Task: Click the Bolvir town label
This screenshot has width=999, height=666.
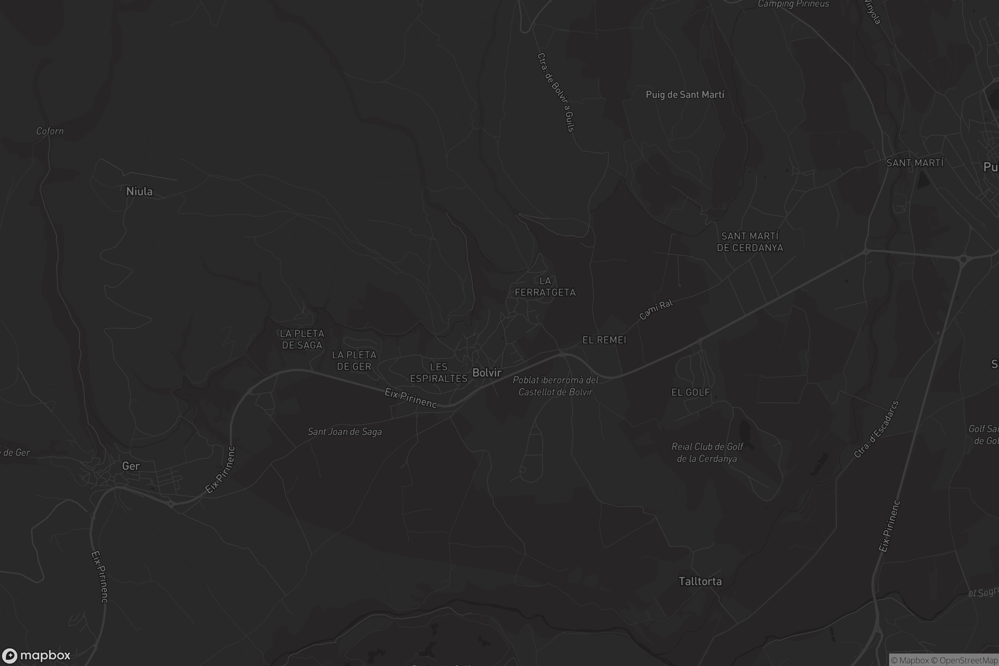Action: (487, 373)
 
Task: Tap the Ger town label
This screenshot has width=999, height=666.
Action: (131, 466)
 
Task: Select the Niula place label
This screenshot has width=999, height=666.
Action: (139, 191)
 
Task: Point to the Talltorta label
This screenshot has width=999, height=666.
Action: (700, 581)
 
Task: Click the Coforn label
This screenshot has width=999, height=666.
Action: (50, 131)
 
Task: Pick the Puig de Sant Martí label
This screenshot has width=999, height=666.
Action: (685, 95)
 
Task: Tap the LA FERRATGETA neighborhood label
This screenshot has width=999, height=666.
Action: (545, 287)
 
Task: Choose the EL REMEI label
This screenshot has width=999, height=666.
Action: (604, 340)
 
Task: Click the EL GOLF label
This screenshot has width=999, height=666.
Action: (691, 393)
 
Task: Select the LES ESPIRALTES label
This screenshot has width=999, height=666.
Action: (438, 373)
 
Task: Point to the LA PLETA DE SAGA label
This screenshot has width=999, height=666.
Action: (302, 339)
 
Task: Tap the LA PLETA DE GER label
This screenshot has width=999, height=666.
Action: (354, 360)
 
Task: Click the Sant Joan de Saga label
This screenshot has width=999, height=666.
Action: (345, 432)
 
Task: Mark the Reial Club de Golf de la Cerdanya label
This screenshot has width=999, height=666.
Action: (707, 452)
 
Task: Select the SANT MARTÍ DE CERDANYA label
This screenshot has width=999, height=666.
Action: (750, 242)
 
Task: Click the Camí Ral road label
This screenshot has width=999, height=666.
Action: (656, 309)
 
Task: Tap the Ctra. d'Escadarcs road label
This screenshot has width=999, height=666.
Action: (876, 429)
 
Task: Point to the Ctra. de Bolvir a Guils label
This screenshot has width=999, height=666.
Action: (556, 92)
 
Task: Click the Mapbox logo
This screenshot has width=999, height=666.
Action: (36, 655)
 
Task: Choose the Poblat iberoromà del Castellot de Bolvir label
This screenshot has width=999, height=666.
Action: (555, 386)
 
